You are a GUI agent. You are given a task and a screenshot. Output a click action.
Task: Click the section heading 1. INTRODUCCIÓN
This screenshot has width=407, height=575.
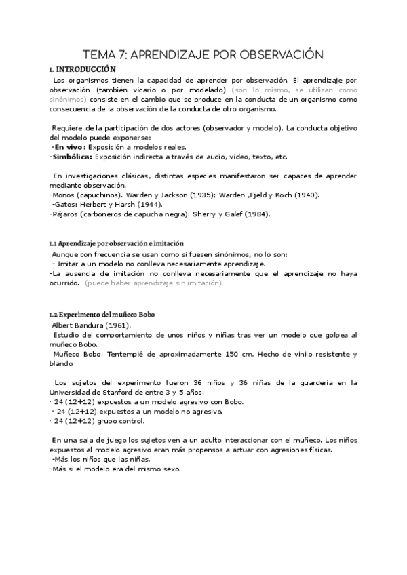[x=82, y=69]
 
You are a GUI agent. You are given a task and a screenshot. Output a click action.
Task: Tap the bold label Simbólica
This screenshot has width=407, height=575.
[x=71, y=157]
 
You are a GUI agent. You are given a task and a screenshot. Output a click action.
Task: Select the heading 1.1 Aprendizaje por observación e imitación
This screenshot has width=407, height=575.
[x=116, y=243]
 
